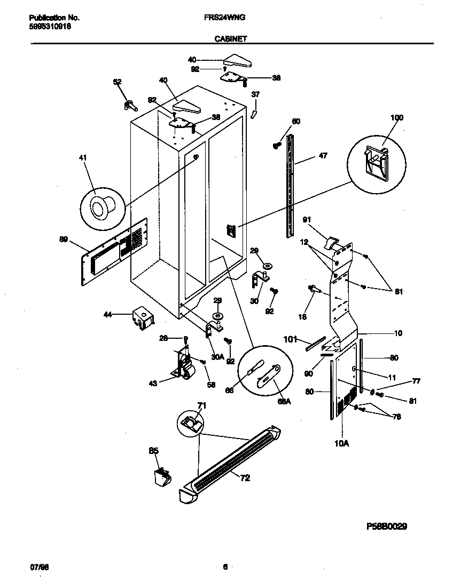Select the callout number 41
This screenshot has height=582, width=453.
pos(82,158)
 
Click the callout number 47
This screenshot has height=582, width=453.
pos(323,156)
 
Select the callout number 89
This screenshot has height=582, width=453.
pos(64,240)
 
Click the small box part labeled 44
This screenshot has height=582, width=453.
pos(142,316)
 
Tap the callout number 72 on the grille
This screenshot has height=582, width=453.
pos(245,478)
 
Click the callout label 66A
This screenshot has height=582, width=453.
pos(285,401)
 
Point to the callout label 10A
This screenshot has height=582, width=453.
pos(342,442)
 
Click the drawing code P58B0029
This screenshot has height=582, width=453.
pos(387,526)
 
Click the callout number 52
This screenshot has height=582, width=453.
pos(117,82)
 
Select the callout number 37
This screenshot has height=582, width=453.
pos(255,94)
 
